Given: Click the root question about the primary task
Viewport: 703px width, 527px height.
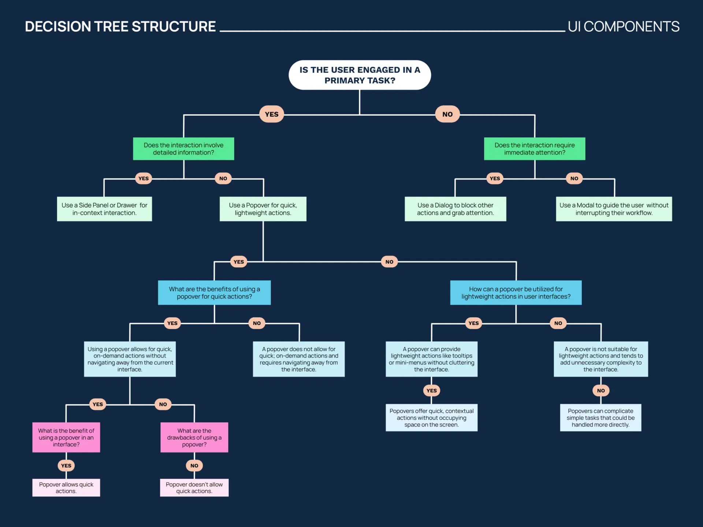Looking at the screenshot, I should tap(360, 75).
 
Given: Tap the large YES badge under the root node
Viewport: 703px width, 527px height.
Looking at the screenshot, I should tap(271, 114).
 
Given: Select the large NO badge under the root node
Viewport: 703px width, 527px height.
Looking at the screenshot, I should tap(447, 114).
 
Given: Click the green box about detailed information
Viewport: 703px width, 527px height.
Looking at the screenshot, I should tap(183, 149).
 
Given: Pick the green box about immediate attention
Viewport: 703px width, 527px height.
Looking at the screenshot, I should tap(534, 149).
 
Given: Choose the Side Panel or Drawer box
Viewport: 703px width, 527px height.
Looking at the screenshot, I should tap(104, 209).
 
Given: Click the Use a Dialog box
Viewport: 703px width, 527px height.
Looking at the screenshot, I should tap(455, 209).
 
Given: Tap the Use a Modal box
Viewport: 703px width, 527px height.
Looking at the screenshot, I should tap(614, 209).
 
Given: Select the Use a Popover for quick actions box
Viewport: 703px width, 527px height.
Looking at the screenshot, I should tap(263, 209).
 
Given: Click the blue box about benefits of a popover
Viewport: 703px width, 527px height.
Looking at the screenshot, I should tap(214, 292).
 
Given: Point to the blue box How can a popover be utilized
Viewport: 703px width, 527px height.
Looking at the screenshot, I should tap(516, 292).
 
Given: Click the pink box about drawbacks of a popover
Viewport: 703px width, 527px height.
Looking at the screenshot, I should tap(194, 437).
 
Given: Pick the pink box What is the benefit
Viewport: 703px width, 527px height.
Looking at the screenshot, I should tap(66, 437).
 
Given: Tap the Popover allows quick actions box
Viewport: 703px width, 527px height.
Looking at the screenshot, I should tap(66, 487).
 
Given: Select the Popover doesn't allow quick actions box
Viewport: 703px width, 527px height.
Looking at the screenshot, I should tap(194, 487).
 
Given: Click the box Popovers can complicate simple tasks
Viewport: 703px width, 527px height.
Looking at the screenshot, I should tap(600, 418).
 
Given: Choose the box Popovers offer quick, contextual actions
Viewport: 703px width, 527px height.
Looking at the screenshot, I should tap(431, 418).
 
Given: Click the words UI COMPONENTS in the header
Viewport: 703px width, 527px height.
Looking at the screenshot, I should tap(623, 27).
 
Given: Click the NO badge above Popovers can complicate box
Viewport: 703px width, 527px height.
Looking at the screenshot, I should tap(600, 390).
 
